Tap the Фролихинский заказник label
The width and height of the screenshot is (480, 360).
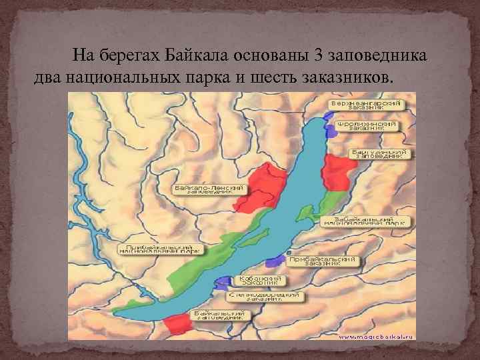367,127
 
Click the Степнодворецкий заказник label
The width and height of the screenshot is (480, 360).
265,297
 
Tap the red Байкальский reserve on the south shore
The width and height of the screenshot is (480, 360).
177,324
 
